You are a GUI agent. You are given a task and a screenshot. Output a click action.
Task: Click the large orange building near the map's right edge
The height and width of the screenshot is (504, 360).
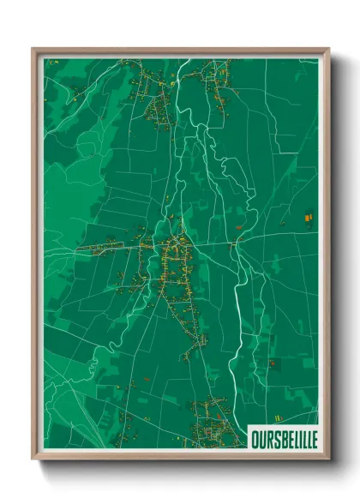[x=308, y=219]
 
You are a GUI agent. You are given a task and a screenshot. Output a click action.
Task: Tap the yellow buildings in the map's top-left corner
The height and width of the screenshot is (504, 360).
[x=53, y=63]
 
